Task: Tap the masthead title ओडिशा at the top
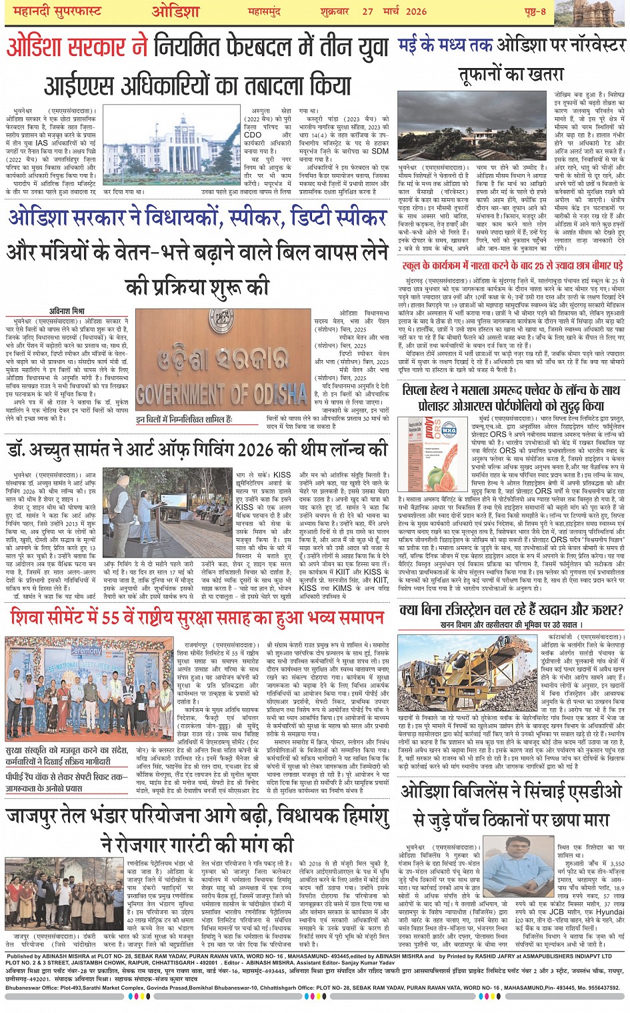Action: pos(175,11)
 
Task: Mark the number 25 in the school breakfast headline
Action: pos(540,265)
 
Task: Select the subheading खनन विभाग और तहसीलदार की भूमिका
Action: pos(508,625)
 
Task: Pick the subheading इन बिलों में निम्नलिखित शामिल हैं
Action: pos(184,419)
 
